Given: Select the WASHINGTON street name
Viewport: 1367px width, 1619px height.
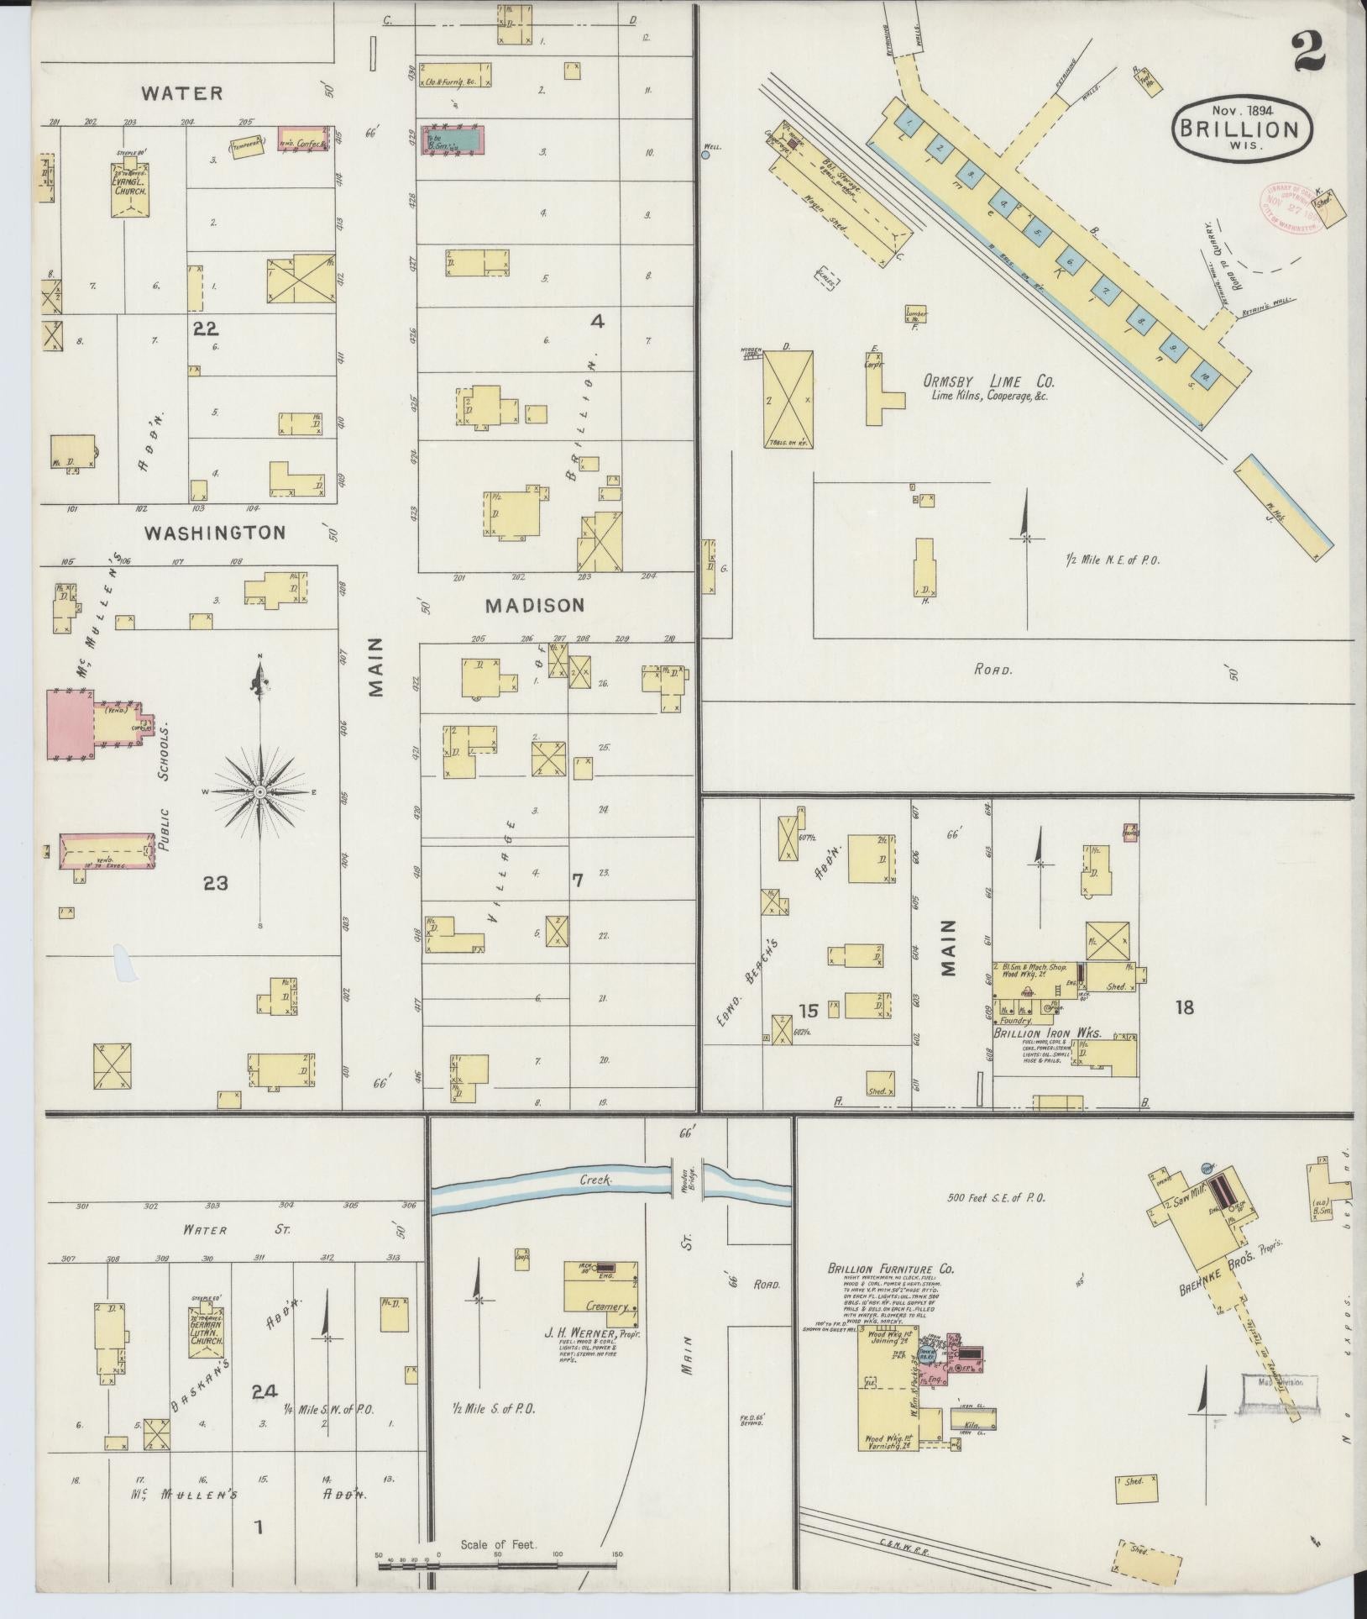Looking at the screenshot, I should [214, 532].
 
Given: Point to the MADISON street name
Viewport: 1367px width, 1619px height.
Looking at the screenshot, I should [534, 604].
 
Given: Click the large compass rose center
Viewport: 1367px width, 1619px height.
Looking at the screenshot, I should [260, 791].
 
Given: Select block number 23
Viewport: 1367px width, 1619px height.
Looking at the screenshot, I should [215, 882].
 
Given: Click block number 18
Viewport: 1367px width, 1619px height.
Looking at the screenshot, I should [1184, 1007].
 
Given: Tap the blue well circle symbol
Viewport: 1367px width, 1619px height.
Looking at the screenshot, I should [705, 155].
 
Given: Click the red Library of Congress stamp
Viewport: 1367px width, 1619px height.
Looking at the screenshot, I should [1288, 207].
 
